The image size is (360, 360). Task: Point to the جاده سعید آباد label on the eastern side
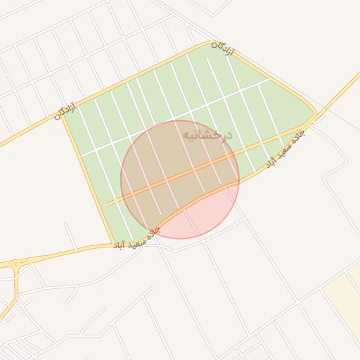tap(285, 148)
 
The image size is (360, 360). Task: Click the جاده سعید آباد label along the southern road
tap(136, 238)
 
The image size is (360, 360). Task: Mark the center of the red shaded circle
tap(180, 179)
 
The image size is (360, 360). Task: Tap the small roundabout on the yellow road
tap(15, 264)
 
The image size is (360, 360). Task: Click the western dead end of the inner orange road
tap(107, 205)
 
